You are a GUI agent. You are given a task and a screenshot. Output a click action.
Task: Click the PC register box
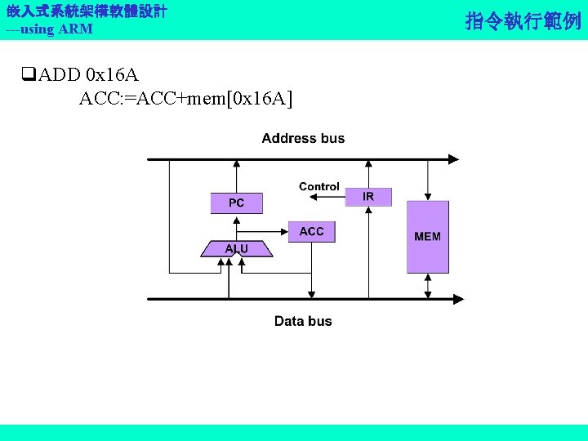pos(236,203)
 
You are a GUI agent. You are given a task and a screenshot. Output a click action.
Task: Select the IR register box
pos(368,197)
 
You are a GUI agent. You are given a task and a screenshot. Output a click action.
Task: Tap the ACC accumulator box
pos(311,232)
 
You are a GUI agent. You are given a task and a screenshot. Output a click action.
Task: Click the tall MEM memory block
pos(428,236)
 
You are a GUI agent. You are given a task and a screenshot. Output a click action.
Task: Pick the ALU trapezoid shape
pos(237,248)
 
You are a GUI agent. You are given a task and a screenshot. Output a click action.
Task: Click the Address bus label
pos(303,139)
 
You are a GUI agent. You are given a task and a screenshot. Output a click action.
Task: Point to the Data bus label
pos(303,321)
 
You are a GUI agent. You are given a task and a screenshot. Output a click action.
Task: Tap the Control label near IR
pos(319,187)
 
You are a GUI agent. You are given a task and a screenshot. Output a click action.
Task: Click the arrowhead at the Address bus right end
pos(456,159)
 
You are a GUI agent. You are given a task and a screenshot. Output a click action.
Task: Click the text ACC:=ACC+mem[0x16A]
pos(185,99)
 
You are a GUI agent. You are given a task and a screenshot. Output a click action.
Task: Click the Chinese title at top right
pos(523,20)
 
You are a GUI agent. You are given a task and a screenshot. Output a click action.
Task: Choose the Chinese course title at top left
pos(87,11)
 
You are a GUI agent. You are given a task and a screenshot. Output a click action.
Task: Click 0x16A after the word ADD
pos(112,76)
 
